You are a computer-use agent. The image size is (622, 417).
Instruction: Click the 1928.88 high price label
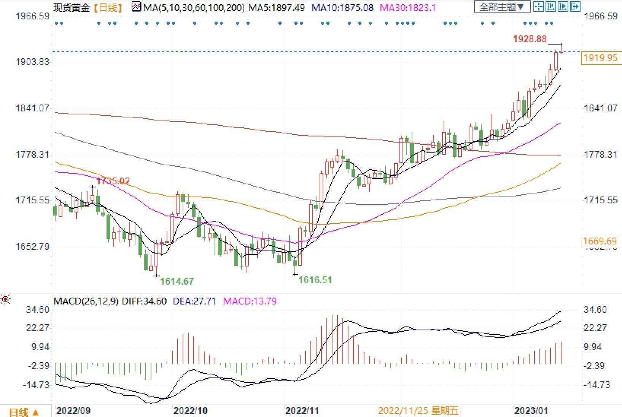[x=530, y=39]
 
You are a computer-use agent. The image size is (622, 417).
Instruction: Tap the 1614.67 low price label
[x=177, y=281]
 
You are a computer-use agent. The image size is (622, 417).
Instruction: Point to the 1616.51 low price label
[x=315, y=280]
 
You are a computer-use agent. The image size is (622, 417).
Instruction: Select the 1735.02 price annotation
[x=113, y=181]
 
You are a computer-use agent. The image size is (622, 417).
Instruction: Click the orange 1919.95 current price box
[x=601, y=58]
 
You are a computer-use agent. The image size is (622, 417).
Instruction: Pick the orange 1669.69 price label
[x=600, y=241]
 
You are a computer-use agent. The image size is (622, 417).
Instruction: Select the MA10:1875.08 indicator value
[x=342, y=7]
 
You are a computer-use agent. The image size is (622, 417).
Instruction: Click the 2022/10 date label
[x=190, y=411]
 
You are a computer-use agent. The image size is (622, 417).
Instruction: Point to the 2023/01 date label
[x=531, y=411]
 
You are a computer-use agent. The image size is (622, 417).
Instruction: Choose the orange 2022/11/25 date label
[x=418, y=411]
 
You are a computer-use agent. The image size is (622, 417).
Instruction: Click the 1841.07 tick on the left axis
[x=32, y=108]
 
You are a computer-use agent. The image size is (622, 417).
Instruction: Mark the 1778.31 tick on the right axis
[x=601, y=154]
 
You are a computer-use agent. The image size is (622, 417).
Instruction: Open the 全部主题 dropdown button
[x=502, y=7]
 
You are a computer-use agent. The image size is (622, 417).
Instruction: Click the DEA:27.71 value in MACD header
[x=194, y=301]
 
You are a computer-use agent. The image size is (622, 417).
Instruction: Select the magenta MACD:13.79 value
[x=250, y=301]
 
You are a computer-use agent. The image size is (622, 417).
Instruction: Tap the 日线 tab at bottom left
[x=24, y=412]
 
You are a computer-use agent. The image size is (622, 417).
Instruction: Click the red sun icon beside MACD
[x=5, y=300]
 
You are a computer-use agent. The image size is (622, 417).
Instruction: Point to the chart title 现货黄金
[x=71, y=7]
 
